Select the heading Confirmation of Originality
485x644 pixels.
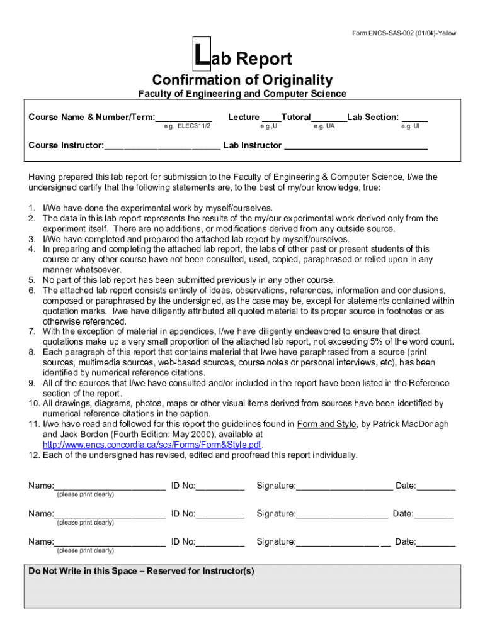point(243,80)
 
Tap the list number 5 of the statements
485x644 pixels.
point(31,280)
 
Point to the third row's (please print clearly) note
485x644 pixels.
point(85,551)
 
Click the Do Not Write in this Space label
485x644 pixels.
point(141,571)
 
